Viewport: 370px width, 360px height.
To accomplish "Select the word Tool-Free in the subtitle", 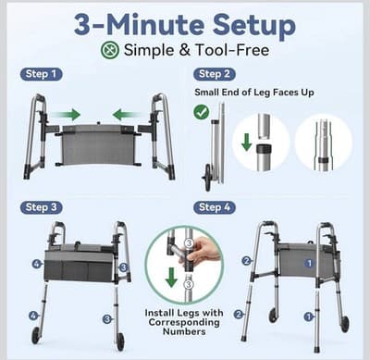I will click(232, 49).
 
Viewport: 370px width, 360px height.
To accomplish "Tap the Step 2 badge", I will click(216, 74).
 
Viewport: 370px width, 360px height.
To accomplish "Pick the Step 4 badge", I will click(216, 207).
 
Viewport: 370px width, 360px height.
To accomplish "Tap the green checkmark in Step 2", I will click(203, 113).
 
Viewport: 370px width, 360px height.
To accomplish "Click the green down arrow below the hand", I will click(172, 279).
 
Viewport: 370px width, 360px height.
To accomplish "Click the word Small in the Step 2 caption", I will click(209, 93).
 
